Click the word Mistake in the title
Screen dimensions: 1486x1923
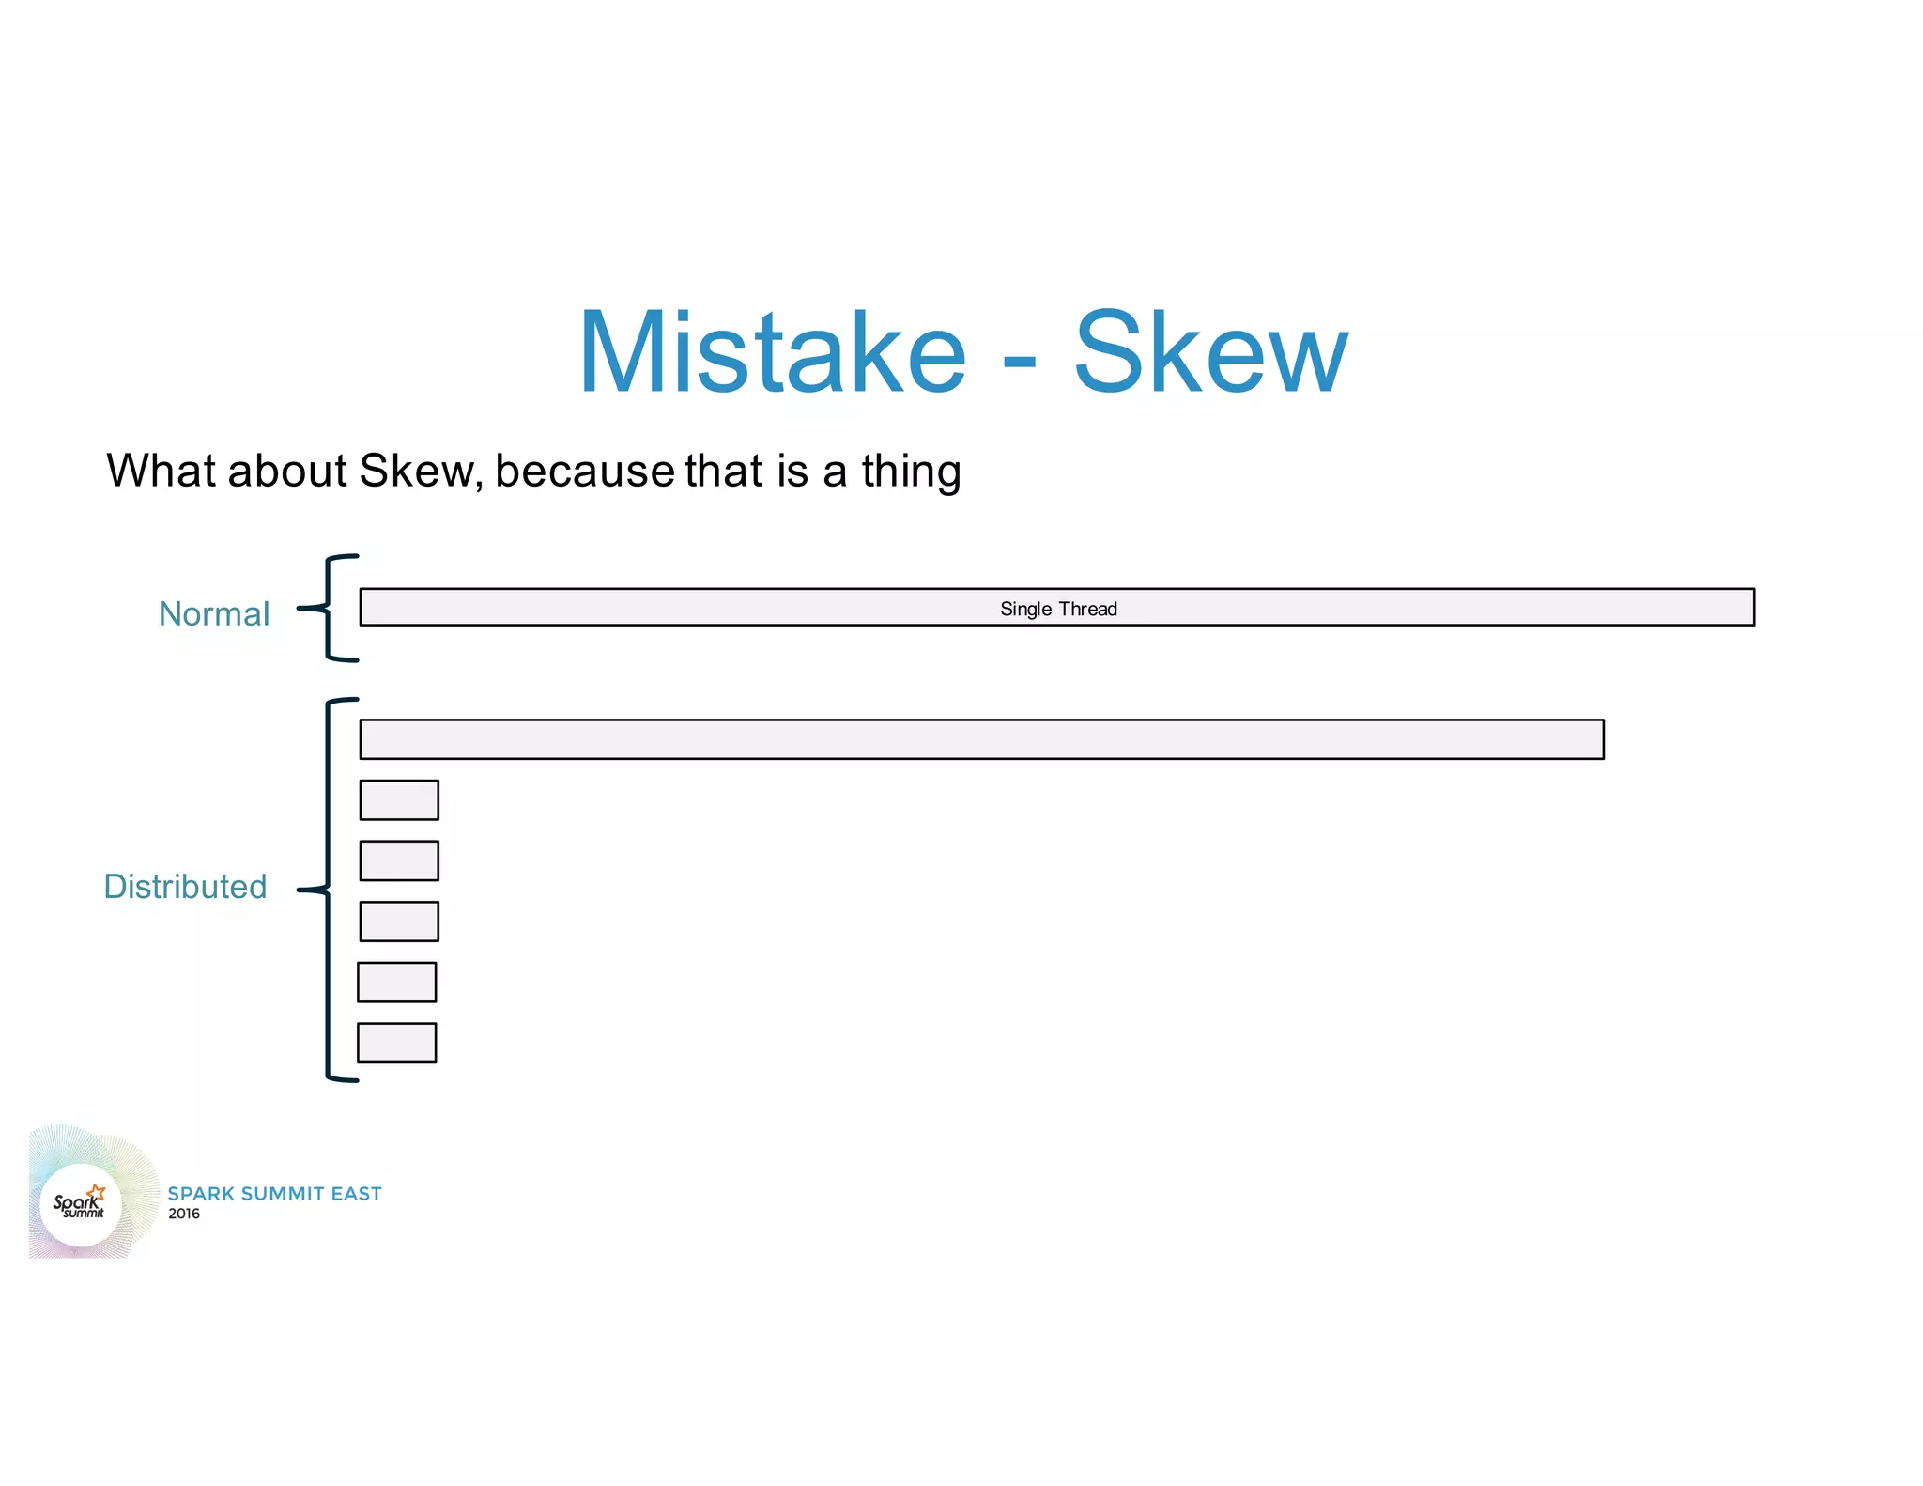[x=772, y=352]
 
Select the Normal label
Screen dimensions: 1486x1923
[x=214, y=614]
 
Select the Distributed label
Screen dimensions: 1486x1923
[x=185, y=887]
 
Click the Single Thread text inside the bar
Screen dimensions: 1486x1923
[x=1058, y=609]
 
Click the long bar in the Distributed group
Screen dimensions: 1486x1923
[x=981, y=739]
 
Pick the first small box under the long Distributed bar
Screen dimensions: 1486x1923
[x=399, y=800]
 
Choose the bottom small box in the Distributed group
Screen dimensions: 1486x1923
[x=396, y=1043]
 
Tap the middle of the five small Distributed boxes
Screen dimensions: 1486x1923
[x=399, y=921]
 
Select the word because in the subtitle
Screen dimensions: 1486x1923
[x=584, y=471]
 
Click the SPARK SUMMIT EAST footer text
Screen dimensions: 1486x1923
[x=274, y=1194]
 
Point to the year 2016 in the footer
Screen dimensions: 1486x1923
[x=184, y=1214]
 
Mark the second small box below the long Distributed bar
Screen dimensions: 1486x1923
[x=399, y=860]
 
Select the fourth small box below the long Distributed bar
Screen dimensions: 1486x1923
[x=396, y=983]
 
